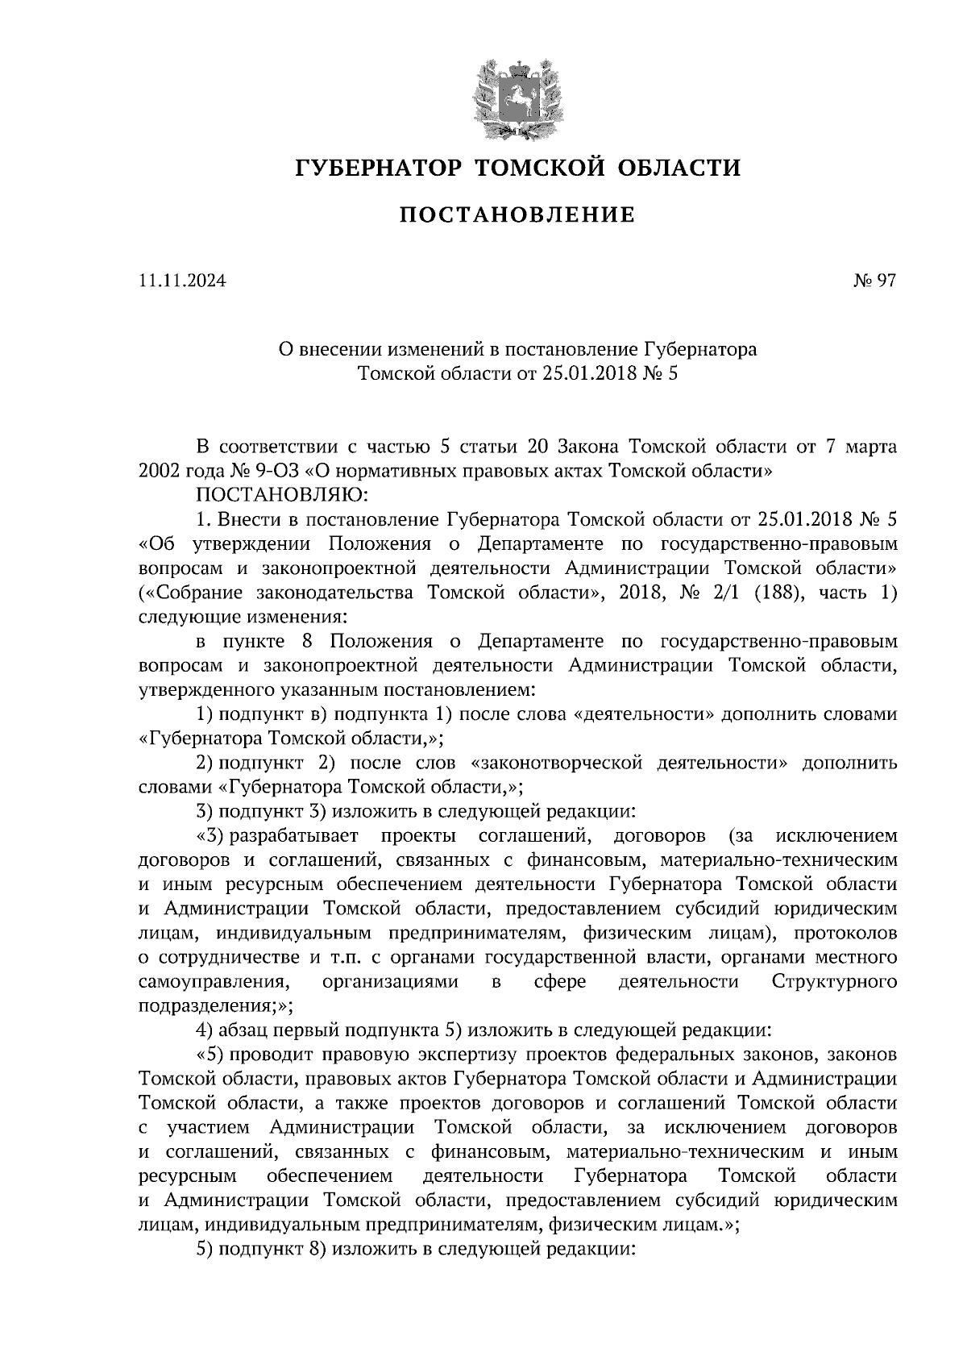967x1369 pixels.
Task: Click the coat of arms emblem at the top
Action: coord(517,97)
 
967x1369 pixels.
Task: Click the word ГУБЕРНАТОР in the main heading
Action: coord(377,168)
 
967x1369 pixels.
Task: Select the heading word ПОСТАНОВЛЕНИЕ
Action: coord(517,215)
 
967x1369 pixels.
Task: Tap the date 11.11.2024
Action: coord(182,281)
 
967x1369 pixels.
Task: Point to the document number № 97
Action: coord(874,281)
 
